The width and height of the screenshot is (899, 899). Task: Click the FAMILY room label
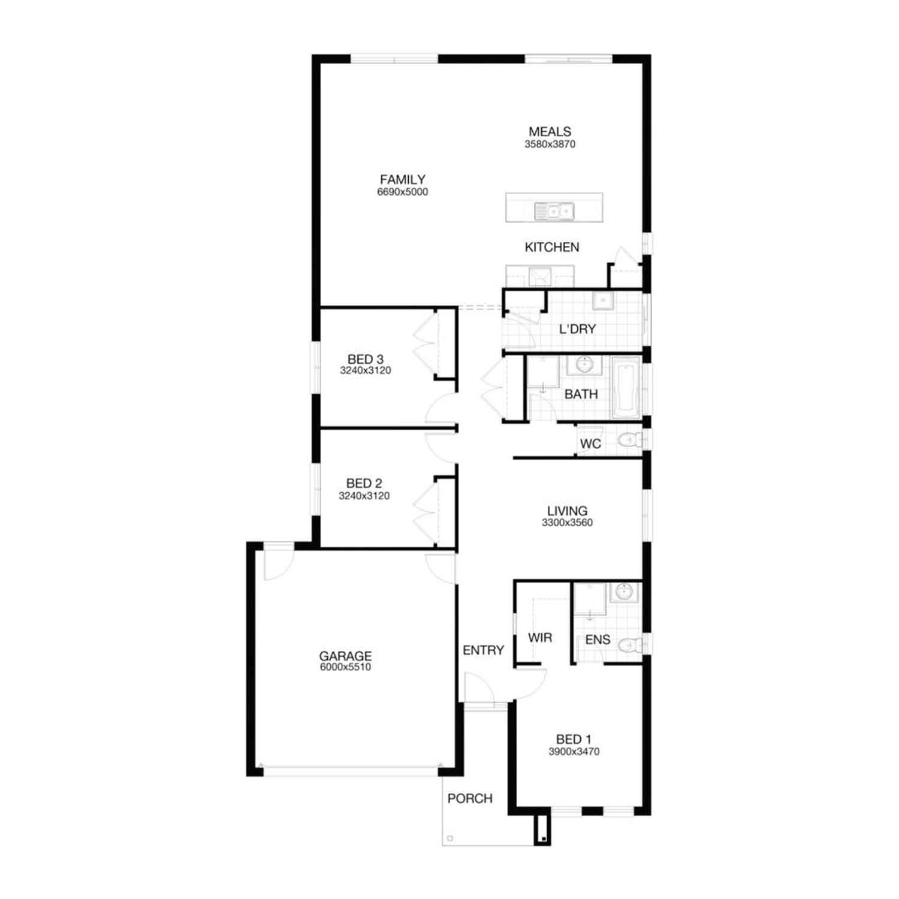[403, 179]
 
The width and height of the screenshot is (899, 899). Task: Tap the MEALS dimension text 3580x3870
[550, 144]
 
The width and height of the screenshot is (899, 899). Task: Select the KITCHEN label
[552, 247]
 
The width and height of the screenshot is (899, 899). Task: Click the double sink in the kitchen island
[554, 211]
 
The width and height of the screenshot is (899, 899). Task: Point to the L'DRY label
[577, 329]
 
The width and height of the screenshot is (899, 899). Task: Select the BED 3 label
[366, 359]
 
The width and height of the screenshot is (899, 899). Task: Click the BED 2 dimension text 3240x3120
[364, 496]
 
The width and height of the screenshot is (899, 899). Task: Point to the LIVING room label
[567, 511]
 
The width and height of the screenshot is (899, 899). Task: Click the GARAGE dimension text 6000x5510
[345, 667]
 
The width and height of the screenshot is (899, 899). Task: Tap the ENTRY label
[484, 650]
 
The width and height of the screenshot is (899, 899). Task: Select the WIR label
[540, 638]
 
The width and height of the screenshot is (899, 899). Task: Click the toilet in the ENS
[630, 645]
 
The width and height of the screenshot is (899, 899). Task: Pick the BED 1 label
[574, 740]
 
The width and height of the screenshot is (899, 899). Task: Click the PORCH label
[470, 798]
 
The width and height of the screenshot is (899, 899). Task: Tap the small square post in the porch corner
[450, 838]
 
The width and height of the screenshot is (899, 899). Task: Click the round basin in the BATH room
[584, 364]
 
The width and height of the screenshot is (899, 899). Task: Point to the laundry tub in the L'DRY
[602, 300]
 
